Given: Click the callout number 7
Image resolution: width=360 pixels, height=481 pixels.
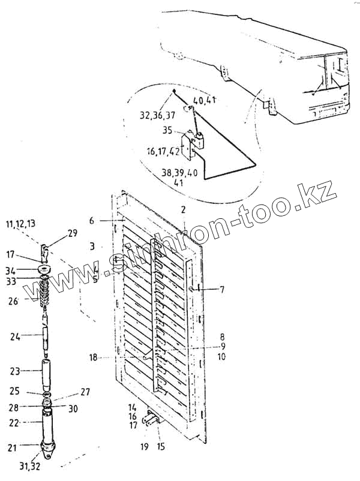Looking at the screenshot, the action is coord(221,290).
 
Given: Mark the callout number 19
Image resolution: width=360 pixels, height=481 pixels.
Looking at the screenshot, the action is coord(144,446).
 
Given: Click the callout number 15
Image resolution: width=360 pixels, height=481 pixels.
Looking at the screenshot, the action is coord(160,446).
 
